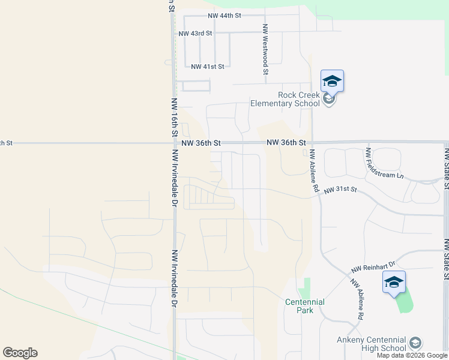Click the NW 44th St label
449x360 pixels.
(224, 16)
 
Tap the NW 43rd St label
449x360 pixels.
(195, 33)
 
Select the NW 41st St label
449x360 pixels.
(207, 67)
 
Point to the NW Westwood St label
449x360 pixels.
(265, 49)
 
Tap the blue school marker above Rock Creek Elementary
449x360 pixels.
(332, 81)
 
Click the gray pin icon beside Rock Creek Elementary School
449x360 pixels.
(328, 100)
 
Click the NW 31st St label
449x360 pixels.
(340, 190)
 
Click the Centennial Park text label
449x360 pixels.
(304, 306)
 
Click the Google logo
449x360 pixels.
(20, 353)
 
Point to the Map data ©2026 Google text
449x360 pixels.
(412, 356)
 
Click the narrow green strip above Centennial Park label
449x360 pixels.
(306, 286)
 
